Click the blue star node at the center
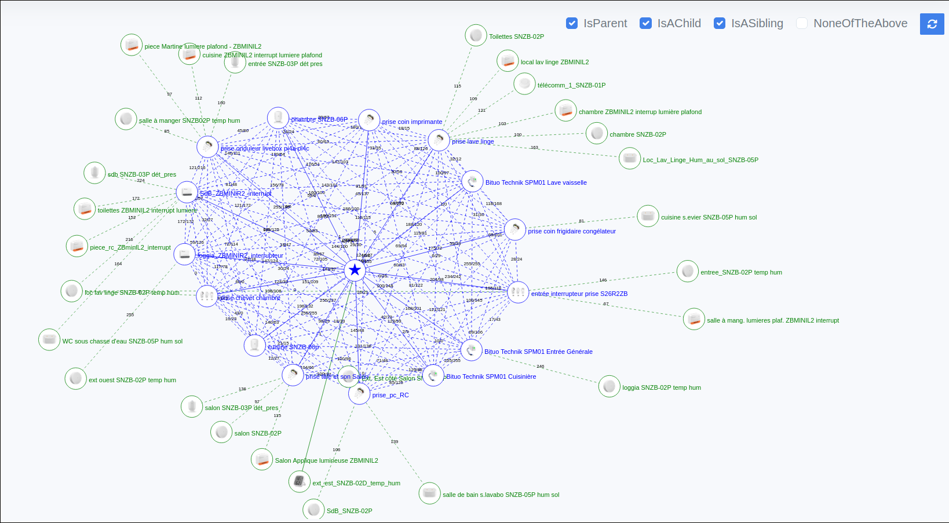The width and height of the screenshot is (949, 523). (x=355, y=270)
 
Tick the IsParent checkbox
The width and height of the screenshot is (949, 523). (x=572, y=23)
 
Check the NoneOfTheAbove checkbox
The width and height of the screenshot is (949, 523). (x=802, y=23)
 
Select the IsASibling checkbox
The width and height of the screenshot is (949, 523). (x=720, y=23)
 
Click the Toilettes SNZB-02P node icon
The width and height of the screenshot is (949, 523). (x=476, y=36)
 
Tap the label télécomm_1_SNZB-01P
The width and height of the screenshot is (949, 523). (x=571, y=86)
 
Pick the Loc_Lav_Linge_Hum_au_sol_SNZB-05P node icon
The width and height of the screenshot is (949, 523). (x=630, y=159)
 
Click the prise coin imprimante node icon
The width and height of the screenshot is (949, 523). (x=369, y=120)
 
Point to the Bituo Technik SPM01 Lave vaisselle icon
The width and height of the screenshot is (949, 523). (x=472, y=182)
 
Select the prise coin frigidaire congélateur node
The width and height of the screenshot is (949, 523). (x=515, y=230)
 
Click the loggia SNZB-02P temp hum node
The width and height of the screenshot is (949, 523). (x=609, y=386)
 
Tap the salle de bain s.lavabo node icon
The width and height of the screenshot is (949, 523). (x=429, y=493)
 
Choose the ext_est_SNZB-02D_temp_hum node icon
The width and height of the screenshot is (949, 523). (x=300, y=481)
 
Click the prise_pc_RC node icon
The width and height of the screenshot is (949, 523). (x=359, y=394)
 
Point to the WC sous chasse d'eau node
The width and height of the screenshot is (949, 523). (x=49, y=339)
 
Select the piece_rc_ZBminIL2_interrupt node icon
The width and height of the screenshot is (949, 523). (x=77, y=246)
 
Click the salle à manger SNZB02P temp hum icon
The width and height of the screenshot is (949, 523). (x=126, y=119)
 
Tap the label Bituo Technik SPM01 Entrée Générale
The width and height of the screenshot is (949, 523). (x=538, y=352)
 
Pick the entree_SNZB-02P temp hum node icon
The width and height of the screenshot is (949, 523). (x=688, y=271)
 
